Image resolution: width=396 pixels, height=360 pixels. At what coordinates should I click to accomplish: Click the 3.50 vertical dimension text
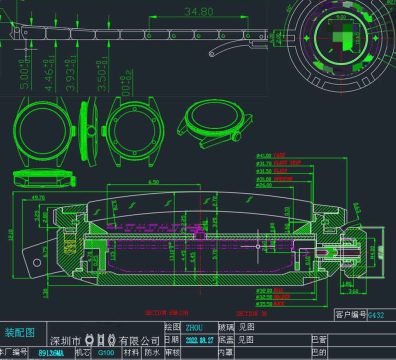[x=101, y=78]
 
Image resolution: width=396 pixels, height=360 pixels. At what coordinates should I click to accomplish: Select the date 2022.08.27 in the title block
[x=201, y=340]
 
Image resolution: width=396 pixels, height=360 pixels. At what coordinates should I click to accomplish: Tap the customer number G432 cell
[x=376, y=315]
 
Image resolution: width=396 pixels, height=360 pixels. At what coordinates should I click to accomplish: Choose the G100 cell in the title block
[x=106, y=353]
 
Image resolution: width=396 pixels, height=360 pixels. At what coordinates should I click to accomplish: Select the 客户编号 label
[x=347, y=315]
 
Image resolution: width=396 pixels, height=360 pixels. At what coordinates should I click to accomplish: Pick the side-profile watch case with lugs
[x=210, y=125]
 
